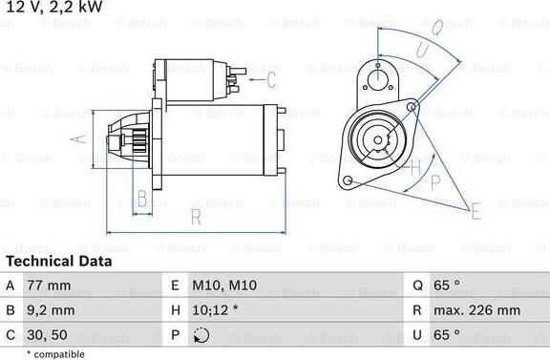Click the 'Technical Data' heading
[58, 261]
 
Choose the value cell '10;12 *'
[215, 310]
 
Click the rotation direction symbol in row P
[200, 335]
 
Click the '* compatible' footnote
[56, 353]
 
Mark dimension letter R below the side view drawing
[195, 218]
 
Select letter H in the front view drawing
[414, 169]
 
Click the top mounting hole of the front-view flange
[378, 78]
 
